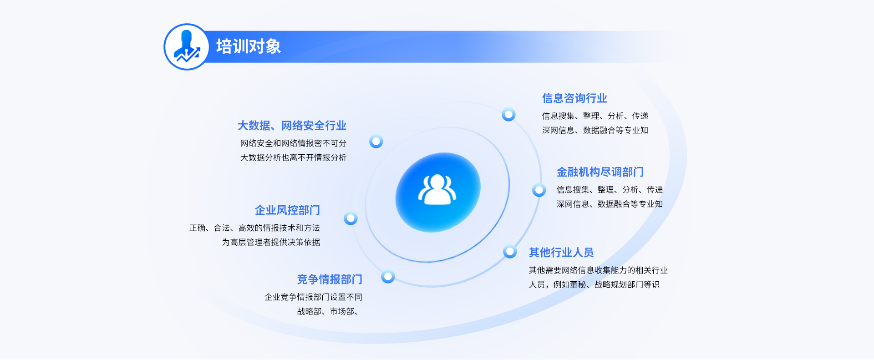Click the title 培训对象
[x=248, y=46]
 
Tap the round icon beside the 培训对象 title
[x=187, y=47]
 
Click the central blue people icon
[x=437, y=192]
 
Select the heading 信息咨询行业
[x=574, y=98]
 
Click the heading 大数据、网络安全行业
[x=292, y=126]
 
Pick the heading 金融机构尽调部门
[x=600, y=172]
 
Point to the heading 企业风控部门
[x=287, y=210]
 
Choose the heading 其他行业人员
[x=561, y=253]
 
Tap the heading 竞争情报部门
[x=330, y=279]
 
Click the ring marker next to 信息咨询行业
[x=508, y=114]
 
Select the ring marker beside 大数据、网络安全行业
[x=376, y=142]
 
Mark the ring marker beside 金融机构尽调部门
[x=539, y=190]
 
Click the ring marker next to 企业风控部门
[x=351, y=218]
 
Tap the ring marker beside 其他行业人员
[x=510, y=251]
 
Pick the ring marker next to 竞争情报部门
[x=388, y=276]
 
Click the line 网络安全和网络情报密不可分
[x=293, y=143]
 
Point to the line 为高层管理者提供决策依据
[x=271, y=243]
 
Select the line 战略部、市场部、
[x=327, y=312]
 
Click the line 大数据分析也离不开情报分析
[x=293, y=158]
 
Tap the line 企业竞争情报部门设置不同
[x=313, y=297]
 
